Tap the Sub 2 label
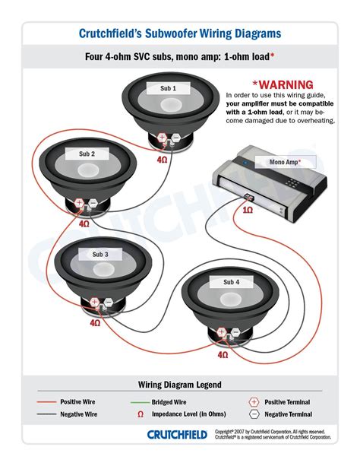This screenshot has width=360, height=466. pyautogui.click(x=87, y=154)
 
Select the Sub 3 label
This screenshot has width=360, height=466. pyautogui.click(x=101, y=253)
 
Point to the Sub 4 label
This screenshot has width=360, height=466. pyautogui.click(x=231, y=282)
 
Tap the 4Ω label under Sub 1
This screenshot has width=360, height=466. pyautogui.click(x=162, y=160)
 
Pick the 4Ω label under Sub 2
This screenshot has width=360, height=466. pyautogui.click(x=84, y=224)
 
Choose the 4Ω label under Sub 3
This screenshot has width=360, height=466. pyautogui.click(x=95, y=323)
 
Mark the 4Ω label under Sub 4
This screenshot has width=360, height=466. pyautogui.click(x=223, y=355)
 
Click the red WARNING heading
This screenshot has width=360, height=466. pyautogui.click(x=283, y=84)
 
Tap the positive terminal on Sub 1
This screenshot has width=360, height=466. pyautogui.click(x=162, y=138)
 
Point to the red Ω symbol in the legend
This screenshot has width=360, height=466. pyautogui.click(x=141, y=414)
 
